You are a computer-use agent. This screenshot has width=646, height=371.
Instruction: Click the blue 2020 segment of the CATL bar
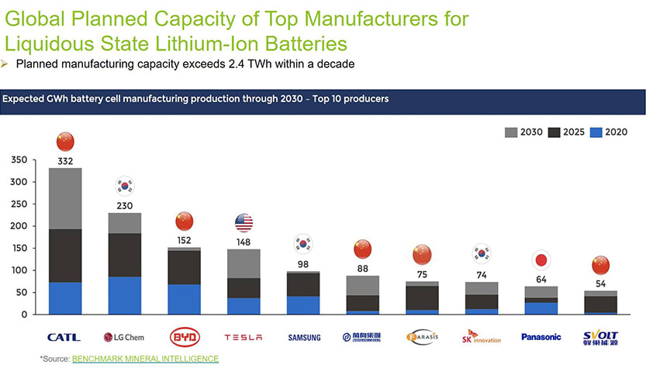pyautogui.click(x=65, y=298)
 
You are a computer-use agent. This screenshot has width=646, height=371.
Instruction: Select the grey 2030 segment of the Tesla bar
pyautogui.click(x=244, y=263)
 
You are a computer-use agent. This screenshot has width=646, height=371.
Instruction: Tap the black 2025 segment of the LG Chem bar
pyautogui.click(x=124, y=255)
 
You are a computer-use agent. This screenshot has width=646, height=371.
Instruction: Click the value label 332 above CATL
pyautogui.click(x=65, y=161)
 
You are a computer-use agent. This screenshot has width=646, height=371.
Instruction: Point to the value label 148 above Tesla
pyautogui.click(x=244, y=242)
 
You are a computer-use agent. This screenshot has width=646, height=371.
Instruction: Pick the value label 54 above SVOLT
pyautogui.click(x=600, y=284)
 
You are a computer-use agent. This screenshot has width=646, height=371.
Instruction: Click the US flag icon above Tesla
pyautogui.click(x=244, y=223)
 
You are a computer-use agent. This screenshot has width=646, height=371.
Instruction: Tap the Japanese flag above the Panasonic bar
pyautogui.click(x=541, y=259)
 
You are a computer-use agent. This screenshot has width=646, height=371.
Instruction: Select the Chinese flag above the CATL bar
pyautogui.click(x=65, y=142)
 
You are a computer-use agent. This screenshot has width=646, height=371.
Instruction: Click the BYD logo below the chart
pyautogui.click(x=184, y=337)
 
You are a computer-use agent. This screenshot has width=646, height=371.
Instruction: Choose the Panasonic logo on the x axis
pyautogui.click(x=541, y=337)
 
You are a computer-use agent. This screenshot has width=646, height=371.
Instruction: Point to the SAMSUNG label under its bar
pyautogui.click(x=303, y=338)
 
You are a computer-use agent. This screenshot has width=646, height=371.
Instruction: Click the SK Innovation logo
pyautogui.click(x=481, y=337)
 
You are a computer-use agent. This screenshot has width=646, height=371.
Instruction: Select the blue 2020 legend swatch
pyautogui.click(x=597, y=132)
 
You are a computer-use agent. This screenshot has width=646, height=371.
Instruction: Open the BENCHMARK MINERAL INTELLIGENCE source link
pyautogui.click(x=145, y=359)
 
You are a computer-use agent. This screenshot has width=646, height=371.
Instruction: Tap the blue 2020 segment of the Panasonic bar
pyautogui.click(x=541, y=308)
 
